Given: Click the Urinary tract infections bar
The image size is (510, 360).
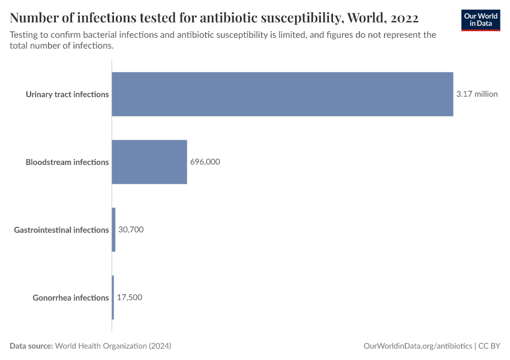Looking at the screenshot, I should point(282,94).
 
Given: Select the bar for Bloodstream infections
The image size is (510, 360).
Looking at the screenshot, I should point(149,162).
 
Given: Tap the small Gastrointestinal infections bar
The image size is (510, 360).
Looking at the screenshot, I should point(113,230).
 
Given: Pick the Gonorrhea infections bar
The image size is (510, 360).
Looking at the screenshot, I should point(113,298).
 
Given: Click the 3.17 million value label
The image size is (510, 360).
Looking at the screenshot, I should point(477,94).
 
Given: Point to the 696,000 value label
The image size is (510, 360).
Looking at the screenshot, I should point(205,162).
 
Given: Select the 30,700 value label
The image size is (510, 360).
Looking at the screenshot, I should point(131,230).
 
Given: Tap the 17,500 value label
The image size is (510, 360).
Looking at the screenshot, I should point(130,298).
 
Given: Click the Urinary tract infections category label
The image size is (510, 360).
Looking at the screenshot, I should point(67,94).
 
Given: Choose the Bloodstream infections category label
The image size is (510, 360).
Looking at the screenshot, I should point(67,162).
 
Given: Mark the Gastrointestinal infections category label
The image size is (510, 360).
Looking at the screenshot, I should point(61,230).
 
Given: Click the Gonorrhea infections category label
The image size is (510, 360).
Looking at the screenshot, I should point(71,298).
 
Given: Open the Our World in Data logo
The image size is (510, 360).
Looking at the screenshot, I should point(480,20).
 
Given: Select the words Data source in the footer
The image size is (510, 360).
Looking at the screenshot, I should point(31,346).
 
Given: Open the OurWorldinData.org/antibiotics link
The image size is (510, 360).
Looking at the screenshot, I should point(418,346).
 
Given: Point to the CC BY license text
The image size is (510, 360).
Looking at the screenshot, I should point(489,346).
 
